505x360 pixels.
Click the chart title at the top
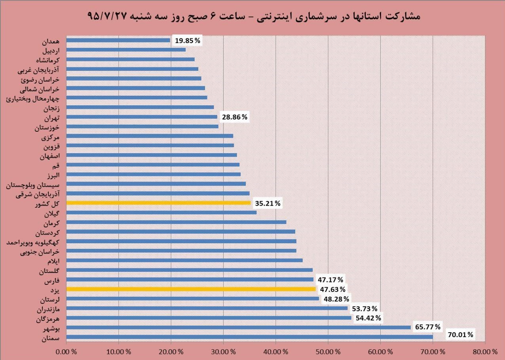[253, 16]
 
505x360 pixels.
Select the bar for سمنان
[249, 337]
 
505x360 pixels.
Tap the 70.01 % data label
[460, 335]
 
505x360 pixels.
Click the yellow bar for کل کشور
[158, 203]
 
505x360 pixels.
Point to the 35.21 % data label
[268, 203]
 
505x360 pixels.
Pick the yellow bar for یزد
[191, 289]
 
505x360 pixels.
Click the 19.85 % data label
[188, 40]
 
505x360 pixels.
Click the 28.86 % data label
[234, 117]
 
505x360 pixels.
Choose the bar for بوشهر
[238, 328]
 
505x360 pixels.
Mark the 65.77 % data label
[427, 327]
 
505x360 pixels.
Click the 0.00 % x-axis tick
[66, 351]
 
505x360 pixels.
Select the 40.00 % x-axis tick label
[275, 351]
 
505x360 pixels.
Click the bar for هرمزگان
[209, 318]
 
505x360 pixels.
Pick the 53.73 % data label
[365, 309]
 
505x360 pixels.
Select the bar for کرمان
[176, 222]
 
